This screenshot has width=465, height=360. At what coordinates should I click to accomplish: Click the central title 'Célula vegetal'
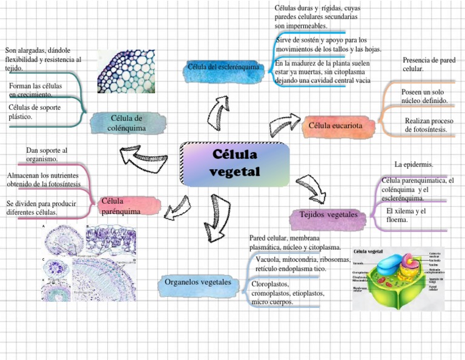(234, 163)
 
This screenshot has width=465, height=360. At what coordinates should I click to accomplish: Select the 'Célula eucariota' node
(335, 125)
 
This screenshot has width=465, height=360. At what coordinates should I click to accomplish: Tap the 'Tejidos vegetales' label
(328, 215)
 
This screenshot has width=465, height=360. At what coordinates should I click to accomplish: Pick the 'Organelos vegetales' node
(198, 282)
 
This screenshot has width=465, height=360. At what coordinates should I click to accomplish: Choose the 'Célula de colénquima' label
(127, 123)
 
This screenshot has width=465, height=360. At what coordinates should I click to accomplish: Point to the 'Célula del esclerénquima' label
(223, 67)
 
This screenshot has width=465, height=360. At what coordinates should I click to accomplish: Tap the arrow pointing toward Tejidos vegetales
(312, 187)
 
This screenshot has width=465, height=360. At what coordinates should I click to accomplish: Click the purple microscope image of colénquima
(126, 72)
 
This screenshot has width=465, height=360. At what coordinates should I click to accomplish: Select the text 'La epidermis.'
(414, 164)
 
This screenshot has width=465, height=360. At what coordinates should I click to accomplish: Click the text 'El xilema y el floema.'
(406, 215)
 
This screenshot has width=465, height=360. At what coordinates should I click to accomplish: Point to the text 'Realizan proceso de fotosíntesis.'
(428, 125)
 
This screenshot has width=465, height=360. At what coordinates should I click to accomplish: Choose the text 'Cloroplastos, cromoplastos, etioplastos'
(288, 293)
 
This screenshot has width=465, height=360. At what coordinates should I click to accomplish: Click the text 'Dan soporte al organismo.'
(47, 154)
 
